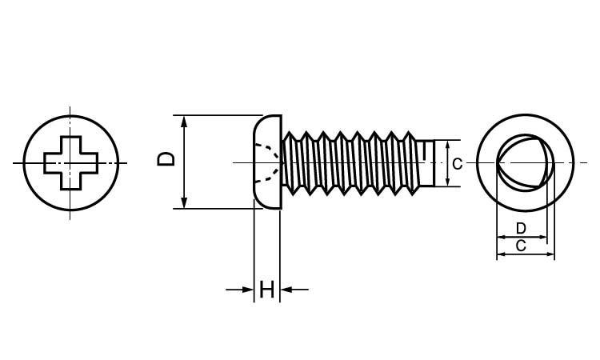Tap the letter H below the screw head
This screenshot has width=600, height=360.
tap(267, 290)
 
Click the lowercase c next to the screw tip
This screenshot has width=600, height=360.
tap(456, 164)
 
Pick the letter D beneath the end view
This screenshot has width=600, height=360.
tap(521, 228)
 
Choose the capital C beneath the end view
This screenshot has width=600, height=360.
tap(521, 246)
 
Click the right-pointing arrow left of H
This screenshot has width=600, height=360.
tap(243, 290)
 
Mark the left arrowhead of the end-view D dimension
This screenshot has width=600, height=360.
tap(501, 238)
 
